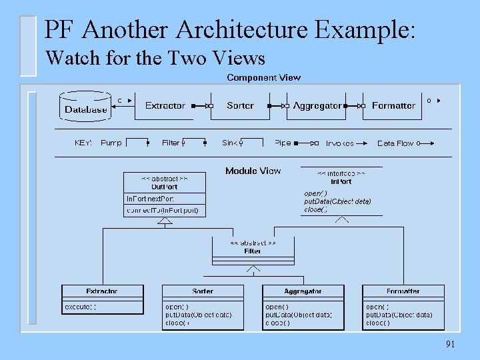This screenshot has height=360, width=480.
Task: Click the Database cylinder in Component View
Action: [x=85, y=107]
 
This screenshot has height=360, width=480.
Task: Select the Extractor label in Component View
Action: [x=165, y=105]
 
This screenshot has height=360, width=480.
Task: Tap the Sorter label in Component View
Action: [x=240, y=105]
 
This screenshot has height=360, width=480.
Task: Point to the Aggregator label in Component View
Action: [x=317, y=105]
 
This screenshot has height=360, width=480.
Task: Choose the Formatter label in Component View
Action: [x=393, y=105]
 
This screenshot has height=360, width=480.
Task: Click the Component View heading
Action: [x=263, y=77]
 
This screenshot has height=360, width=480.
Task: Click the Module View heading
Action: [x=253, y=171]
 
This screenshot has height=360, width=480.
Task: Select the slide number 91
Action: [x=450, y=344]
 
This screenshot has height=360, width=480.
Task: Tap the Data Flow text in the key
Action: [x=395, y=143]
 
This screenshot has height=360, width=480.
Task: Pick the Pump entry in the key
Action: [x=111, y=143]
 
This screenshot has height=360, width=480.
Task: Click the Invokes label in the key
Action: [x=339, y=143]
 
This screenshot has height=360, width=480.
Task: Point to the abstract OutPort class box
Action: [x=164, y=194]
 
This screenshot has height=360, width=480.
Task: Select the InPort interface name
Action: [x=341, y=181]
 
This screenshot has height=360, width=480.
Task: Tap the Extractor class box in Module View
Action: [x=102, y=299]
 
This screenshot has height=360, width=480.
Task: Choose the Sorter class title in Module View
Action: [x=203, y=291]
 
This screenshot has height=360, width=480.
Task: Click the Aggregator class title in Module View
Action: [x=303, y=291]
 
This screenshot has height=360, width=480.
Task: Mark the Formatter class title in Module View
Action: [x=403, y=291]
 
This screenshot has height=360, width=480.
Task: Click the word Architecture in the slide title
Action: [x=243, y=29]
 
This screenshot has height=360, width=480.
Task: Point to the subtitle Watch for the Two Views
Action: [x=155, y=59]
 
